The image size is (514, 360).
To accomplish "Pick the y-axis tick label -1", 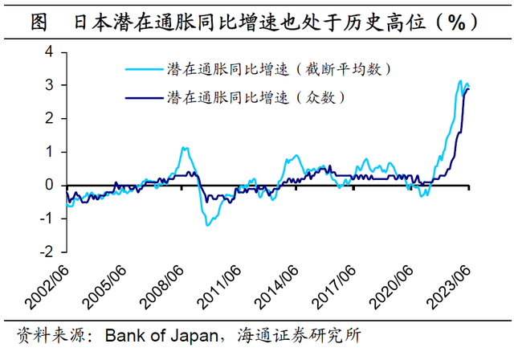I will pos(46,219).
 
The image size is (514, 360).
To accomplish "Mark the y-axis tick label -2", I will pos(46,252).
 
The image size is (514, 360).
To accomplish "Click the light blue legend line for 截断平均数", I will pos(145,71).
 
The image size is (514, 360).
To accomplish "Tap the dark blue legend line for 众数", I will pos(145,98).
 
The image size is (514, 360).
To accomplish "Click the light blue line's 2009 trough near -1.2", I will pos(207,224).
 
